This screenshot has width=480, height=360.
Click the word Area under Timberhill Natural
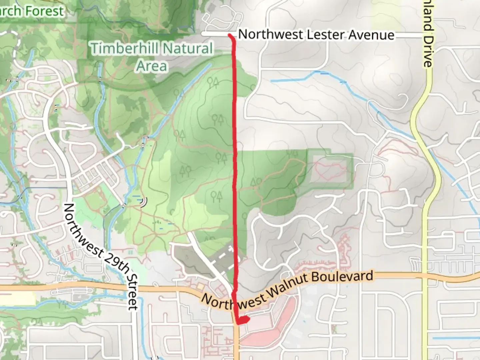tap(152, 66)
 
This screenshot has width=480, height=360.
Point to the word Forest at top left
tap(44, 11)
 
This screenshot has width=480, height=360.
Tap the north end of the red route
tap(230, 35)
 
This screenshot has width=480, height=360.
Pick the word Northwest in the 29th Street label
tap(82, 227)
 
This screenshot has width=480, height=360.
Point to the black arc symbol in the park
tap(144, 202)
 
